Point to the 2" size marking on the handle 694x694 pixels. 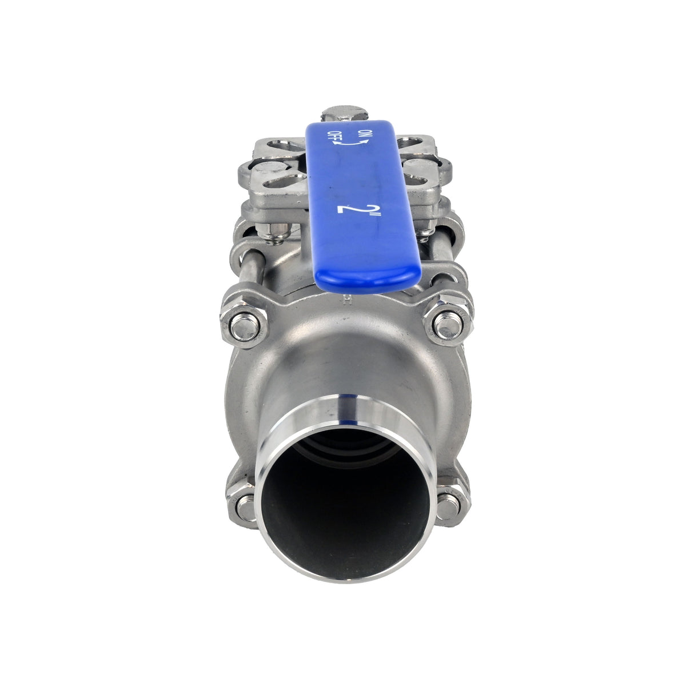point(350,209)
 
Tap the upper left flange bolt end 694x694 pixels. point(244,325)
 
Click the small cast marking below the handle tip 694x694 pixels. point(345,298)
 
